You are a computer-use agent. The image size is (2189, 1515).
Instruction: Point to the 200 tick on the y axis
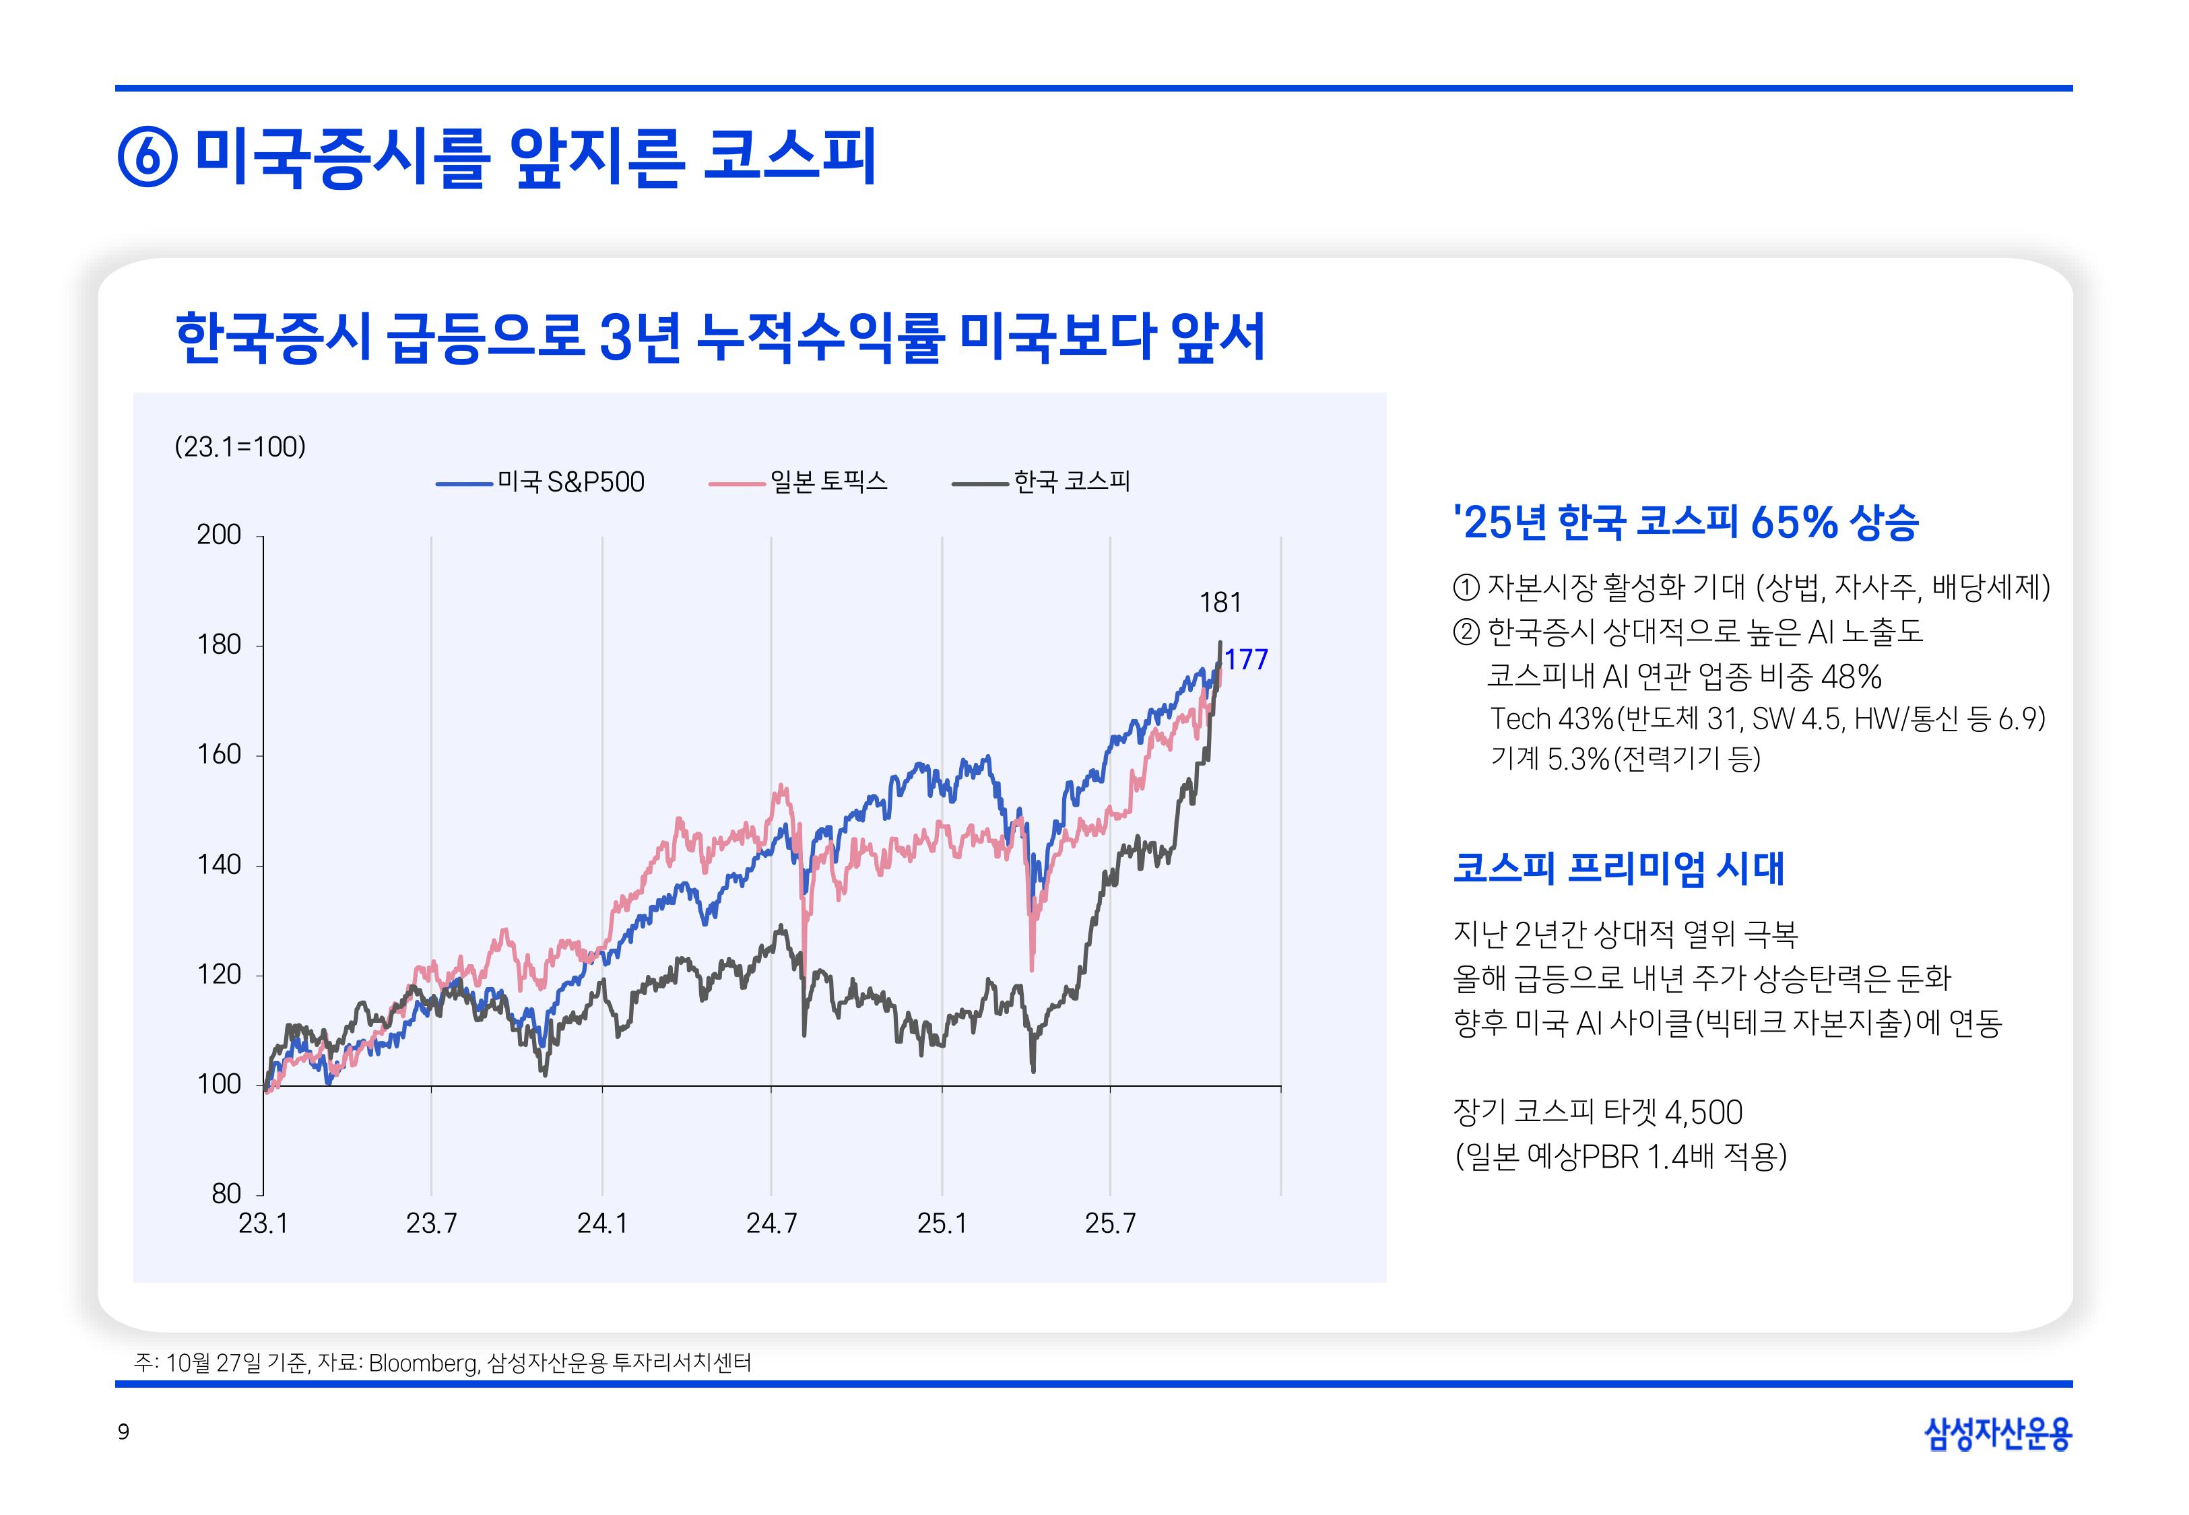click(x=220, y=535)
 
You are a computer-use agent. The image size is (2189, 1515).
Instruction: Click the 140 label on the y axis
click(x=220, y=865)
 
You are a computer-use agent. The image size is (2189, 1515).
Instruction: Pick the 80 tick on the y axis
click(x=226, y=1193)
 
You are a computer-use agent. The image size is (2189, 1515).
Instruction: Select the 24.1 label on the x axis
click(x=602, y=1223)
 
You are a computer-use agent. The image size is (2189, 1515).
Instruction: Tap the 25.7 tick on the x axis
click(x=1110, y=1223)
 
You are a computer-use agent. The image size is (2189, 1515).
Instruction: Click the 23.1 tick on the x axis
click(x=263, y=1223)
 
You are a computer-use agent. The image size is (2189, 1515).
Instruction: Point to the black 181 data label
click(x=1220, y=603)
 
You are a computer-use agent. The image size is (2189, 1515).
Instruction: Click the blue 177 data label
click(x=1245, y=660)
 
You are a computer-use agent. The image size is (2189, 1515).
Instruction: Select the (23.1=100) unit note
click(x=240, y=447)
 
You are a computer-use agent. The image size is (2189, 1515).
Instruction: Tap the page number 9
click(x=123, y=1432)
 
